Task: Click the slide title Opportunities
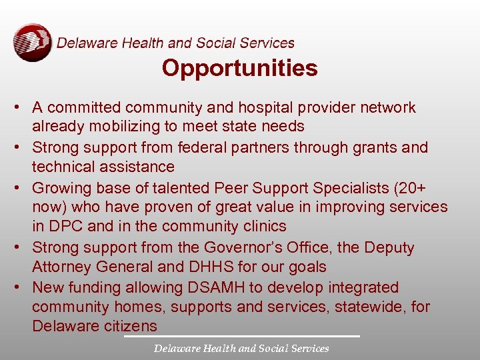239,68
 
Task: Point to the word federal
216,147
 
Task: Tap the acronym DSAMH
215,287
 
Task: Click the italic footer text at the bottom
241,348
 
